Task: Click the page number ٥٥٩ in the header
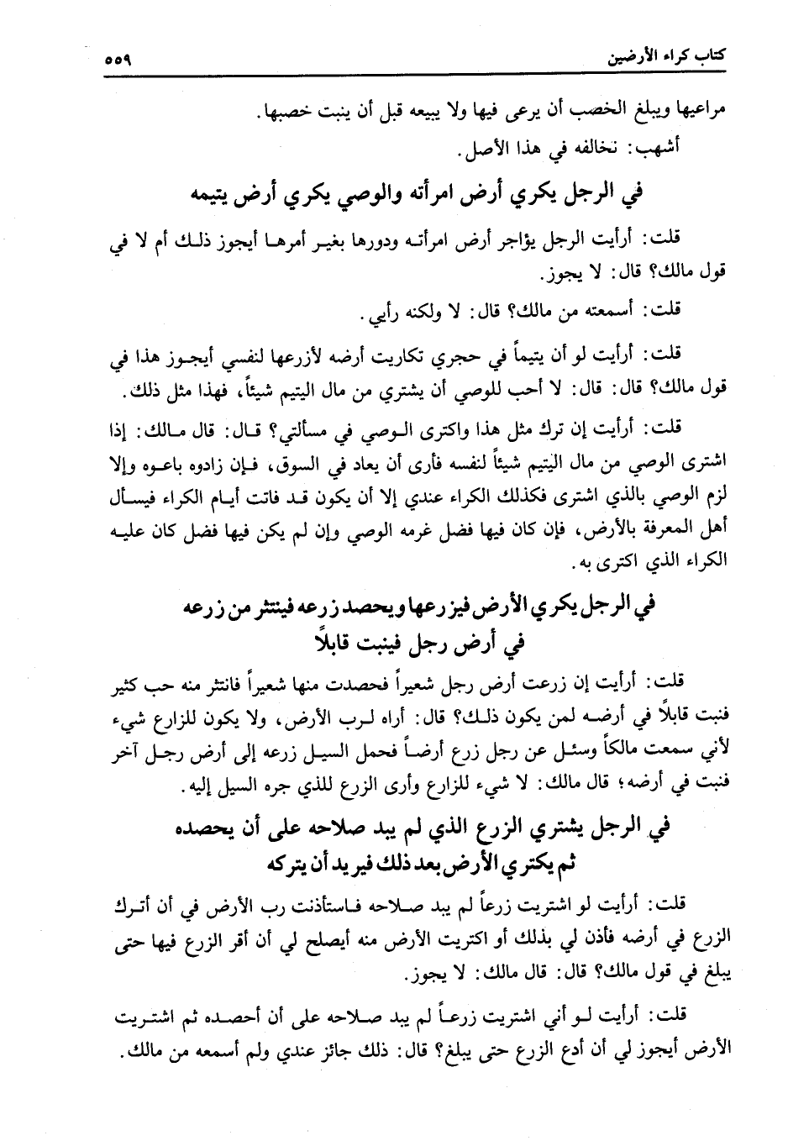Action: (121, 61)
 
